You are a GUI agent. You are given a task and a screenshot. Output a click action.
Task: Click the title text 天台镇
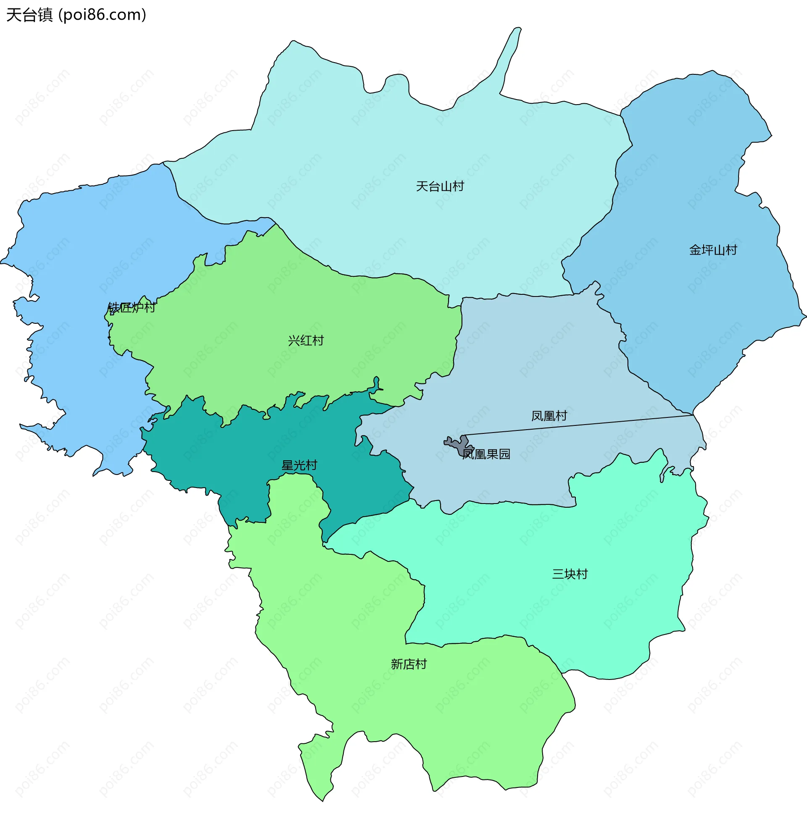coord(29,15)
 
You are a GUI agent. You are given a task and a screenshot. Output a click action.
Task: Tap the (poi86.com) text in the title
coord(102,15)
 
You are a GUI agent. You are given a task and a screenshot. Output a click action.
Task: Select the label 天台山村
coord(440,186)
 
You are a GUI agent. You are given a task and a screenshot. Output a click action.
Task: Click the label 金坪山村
coord(713,250)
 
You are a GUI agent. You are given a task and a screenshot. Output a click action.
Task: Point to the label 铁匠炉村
coord(132,307)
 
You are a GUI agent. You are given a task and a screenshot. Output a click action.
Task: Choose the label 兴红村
coord(306,341)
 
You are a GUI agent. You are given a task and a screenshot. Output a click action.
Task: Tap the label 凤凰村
coord(549,416)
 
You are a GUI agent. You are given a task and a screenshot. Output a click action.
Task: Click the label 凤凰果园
coord(486,454)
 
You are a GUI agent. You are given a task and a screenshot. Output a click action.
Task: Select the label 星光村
coord(299,465)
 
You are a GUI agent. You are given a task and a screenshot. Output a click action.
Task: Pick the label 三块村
coord(570,574)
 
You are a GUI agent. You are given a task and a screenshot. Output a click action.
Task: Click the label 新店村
coord(409,664)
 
